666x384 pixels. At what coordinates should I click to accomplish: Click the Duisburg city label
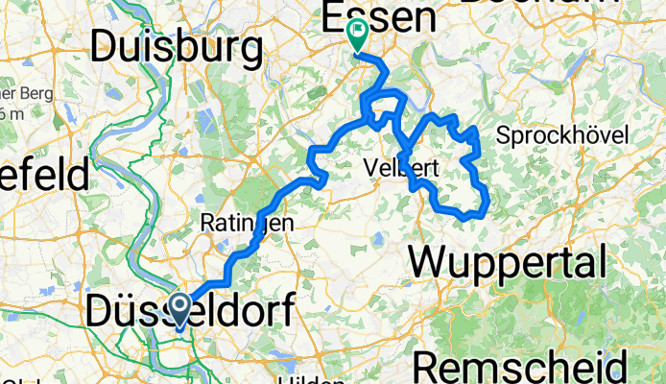pos(178,45)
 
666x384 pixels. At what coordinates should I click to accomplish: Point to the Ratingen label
pos(247,223)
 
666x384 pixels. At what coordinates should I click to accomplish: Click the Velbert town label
pos(402,168)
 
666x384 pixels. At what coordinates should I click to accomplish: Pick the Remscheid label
pos(522,367)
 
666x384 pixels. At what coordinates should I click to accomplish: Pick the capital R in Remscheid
pos(430,367)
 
